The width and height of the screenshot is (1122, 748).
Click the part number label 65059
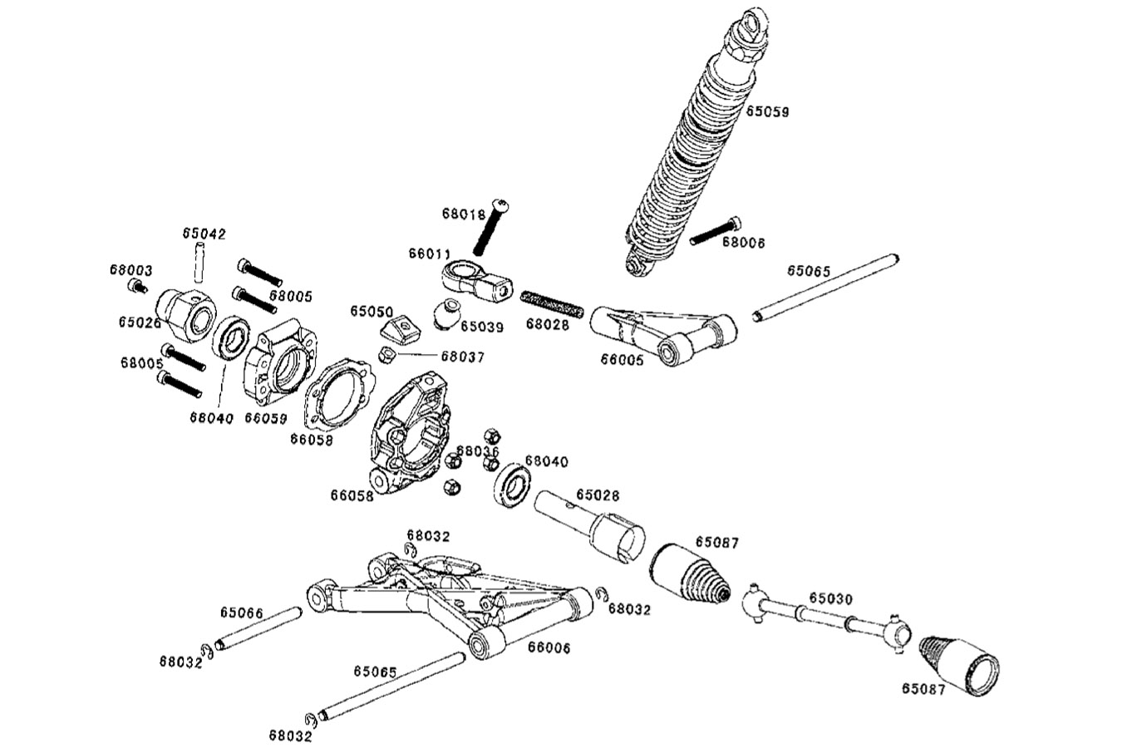click(767, 111)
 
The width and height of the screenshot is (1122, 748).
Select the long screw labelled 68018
click(490, 226)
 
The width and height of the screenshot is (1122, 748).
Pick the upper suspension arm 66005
click(665, 333)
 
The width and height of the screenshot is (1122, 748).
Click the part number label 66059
click(265, 418)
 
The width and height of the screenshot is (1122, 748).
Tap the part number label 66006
click(549, 647)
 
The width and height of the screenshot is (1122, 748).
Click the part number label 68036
click(477, 450)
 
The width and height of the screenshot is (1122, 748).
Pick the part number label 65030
click(830, 598)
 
